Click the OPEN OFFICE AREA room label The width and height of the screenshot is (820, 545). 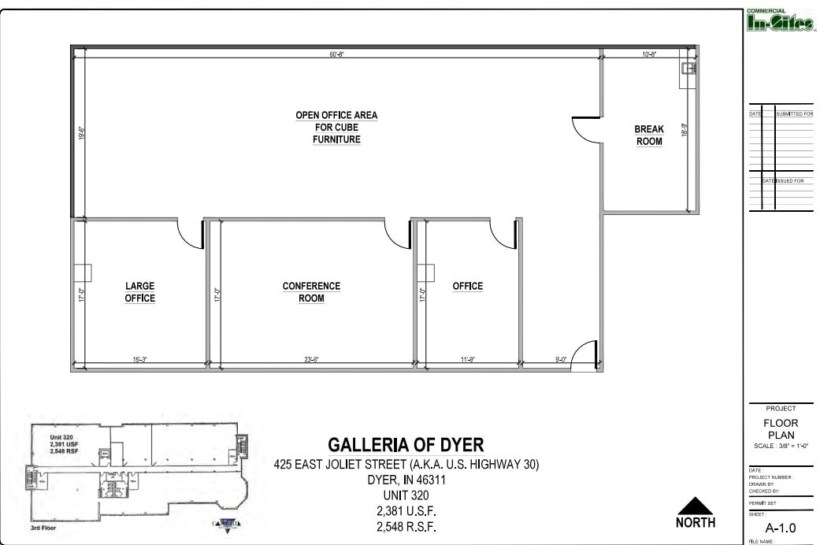pyautogui.click(x=336, y=127)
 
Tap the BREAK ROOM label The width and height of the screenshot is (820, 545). pyautogui.click(x=649, y=135)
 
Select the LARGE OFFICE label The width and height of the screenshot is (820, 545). pyautogui.click(x=139, y=292)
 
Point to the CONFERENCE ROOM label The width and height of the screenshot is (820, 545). pyautogui.click(x=311, y=292)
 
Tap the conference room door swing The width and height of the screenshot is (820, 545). pyautogui.click(x=398, y=233)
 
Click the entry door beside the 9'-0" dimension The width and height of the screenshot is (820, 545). pyautogui.click(x=584, y=355)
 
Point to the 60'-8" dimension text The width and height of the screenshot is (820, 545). pyautogui.click(x=337, y=54)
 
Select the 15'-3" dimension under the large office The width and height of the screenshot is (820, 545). pyautogui.click(x=140, y=360)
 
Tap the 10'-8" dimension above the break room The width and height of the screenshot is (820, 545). pyautogui.click(x=650, y=54)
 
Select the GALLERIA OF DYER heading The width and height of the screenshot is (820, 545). pyautogui.click(x=406, y=445)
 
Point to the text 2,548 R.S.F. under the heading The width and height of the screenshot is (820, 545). pyautogui.click(x=406, y=526)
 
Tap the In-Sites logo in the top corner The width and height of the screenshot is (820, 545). pyautogui.click(x=779, y=24)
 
